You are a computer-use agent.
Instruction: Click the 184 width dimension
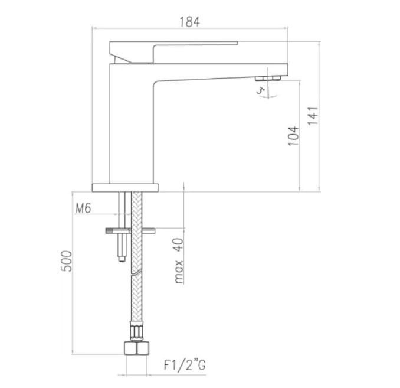click(189, 22)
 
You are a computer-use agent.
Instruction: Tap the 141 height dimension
click(313, 116)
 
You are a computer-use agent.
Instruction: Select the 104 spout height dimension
click(293, 136)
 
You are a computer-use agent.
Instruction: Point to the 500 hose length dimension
click(66, 261)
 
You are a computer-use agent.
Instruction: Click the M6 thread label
click(83, 208)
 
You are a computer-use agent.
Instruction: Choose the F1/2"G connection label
click(185, 365)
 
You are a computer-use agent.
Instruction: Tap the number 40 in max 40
click(179, 244)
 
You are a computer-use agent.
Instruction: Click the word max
click(179, 272)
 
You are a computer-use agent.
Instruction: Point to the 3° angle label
click(261, 91)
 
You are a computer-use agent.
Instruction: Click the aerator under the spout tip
click(268, 78)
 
